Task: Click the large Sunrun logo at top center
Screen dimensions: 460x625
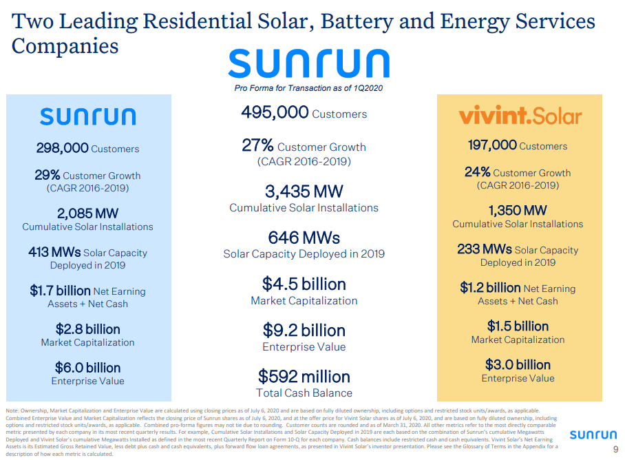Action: (308, 63)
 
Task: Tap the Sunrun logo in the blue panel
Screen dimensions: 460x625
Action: (87, 116)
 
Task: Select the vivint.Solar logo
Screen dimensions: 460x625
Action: (520, 116)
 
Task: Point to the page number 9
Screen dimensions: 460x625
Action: (615, 450)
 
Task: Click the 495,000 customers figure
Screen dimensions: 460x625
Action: (275, 112)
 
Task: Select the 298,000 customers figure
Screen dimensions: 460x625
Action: (63, 147)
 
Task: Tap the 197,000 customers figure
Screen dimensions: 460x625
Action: (492, 145)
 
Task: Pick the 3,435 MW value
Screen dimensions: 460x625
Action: (304, 191)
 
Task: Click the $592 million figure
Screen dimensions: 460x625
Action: (304, 377)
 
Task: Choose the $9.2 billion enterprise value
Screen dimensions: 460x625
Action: (304, 331)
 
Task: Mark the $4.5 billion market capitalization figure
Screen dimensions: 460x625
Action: (304, 284)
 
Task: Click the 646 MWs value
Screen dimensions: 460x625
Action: (304, 238)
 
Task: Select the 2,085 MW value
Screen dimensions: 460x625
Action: (87, 213)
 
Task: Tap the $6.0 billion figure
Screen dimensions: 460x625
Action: (87, 368)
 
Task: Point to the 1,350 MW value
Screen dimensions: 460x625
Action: (518, 210)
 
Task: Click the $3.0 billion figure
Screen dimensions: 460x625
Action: (518, 364)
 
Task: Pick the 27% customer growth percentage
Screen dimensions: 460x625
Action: (257, 145)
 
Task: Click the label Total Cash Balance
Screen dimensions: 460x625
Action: (304, 393)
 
